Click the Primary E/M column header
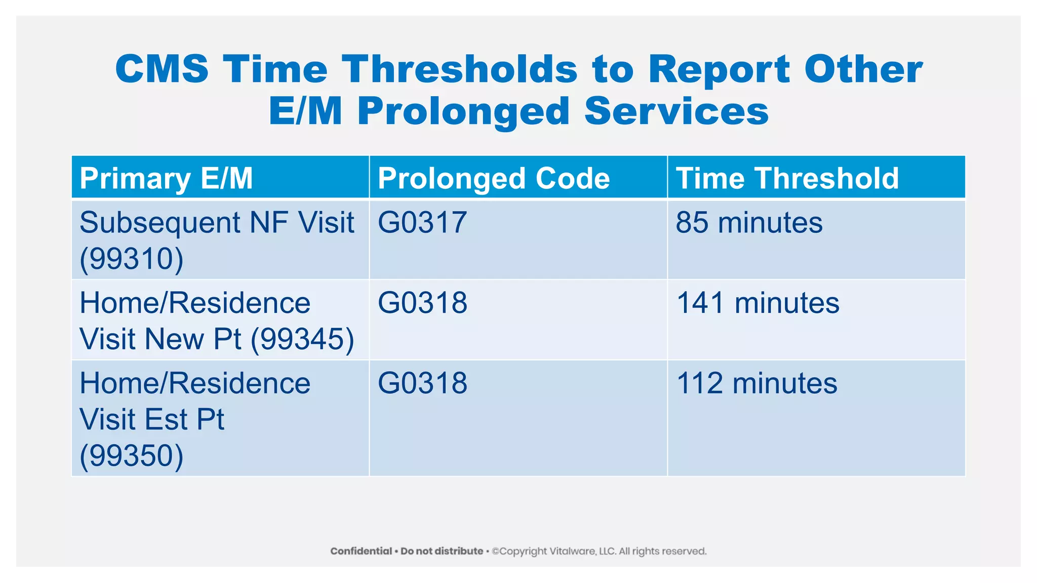point(166,178)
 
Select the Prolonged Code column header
point(494,178)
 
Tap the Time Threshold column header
point(787,178)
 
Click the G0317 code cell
point(422,223)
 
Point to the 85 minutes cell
point(749,223)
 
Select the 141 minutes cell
point(757,303)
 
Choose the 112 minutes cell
point(756,383)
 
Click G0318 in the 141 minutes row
point(422,303)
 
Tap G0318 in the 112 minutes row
point(422,383)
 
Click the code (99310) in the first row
point(132,259)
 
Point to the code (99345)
point(302,339)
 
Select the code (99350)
point(132,455)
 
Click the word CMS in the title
point(162,69)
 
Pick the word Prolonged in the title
point(463,111)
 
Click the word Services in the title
point(676,111)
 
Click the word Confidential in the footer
point(361,551)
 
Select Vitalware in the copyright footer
point(574,551)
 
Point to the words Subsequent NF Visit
point(217,223)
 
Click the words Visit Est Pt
point(152,420)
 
